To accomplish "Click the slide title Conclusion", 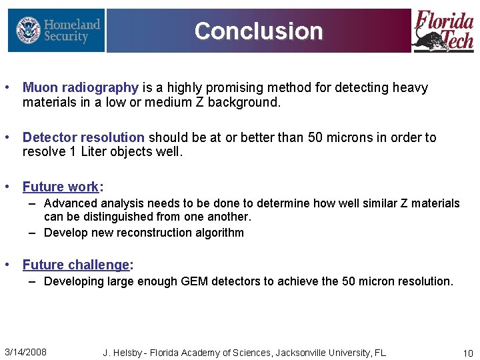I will tap(258, 31).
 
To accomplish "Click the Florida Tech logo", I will tap(443, 31).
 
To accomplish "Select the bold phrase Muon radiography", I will tap(80, 87).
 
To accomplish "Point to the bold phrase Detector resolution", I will tap(83, 137).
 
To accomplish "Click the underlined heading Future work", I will tap(60, 187).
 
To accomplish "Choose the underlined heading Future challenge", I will tap(76, 265).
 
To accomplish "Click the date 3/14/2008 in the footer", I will tap(25, 352).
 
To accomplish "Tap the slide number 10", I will tap(467, 353).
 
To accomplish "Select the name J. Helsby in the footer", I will tap(122, 353).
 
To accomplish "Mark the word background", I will tap(245, 102).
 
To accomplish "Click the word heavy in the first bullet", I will tap(412, 87).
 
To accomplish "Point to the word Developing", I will tap(73, 281).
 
